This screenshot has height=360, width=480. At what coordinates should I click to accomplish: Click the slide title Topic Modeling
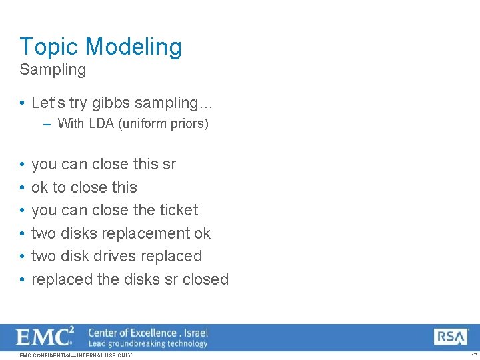pos(101,47)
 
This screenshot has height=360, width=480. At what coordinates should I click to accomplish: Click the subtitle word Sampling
pos(53,69)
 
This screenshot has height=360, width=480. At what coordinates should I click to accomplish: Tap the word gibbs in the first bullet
pos(110,103)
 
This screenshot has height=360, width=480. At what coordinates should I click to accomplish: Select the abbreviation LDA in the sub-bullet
pos(99,123)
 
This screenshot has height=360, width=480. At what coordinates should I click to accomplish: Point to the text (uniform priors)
pos(163,123)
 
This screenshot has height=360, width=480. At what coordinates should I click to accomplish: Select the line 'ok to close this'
pos(84,187)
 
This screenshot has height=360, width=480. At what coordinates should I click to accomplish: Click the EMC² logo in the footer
pos(45,337)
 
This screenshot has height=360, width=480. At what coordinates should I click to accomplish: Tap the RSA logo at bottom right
pos(451,337)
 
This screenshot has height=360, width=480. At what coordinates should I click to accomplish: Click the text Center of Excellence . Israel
pos(148,332)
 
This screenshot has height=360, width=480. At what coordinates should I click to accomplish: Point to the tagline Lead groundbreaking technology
pos(148,343)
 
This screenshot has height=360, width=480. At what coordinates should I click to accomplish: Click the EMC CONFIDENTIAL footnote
pos(77,355)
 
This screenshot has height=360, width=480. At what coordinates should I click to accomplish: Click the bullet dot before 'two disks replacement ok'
pos(23,233)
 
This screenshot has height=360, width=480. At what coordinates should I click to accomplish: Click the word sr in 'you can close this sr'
pos(169,164)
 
